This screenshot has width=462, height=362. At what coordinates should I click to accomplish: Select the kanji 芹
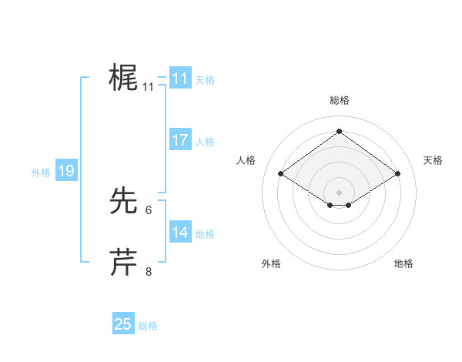tap(124, 263)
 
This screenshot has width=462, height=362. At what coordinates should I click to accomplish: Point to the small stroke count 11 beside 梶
tap(149, 87)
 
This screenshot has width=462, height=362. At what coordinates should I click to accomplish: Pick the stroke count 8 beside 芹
tap(149, 272)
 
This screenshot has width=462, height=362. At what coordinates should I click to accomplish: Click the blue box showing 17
tap(180, 140)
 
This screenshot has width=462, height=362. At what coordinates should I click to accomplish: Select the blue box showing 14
tap(180, 233)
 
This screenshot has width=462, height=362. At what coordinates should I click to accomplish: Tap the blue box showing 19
tap(66, 171)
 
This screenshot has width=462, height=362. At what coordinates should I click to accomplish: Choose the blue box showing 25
tap(123, 324)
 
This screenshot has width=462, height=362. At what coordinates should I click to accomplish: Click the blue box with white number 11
tap(180, 79)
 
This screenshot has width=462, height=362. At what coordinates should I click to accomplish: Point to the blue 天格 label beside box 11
tap(205, 79)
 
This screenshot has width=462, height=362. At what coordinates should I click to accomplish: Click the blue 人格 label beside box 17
tap(205, 142)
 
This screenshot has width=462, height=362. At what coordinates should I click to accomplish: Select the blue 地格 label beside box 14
tap(205, 234)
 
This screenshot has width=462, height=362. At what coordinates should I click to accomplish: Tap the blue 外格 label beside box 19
tap(41, 173)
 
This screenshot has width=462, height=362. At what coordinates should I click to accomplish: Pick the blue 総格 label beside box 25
tap(148, 326)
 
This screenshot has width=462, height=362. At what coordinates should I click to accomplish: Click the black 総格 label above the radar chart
tap(339, 100)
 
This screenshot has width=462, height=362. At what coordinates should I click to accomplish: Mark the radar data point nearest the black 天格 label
tap(397, 174)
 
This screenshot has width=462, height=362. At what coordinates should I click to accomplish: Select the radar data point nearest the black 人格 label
tap(281, 174)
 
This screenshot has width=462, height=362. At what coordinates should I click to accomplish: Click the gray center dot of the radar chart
tap(339, 192)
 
